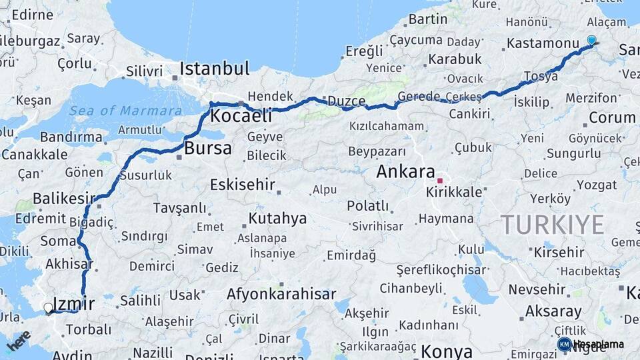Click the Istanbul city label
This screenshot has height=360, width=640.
pyautogui.click(x=215, y=68)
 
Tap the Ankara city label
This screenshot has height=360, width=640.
pyautogui.click(x=405, y=171)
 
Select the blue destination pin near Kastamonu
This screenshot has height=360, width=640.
pyautogui.click(x=591, y=40)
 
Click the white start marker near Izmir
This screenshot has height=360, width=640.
pyautogui.click(x=48, y=308)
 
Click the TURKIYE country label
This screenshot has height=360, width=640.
pyautogui.click(x=552, y=224)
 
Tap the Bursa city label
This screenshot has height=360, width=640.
pyautogui.click(x=208, y=148)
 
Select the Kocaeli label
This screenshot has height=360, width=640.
pyautogui.click(x=241, y=116)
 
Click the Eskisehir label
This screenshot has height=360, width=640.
pyautogui.click(x=242, y=185)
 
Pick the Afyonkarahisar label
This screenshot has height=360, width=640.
pyautogui.click(x=281, y=294)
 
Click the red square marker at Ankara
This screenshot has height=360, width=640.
pyautogui.click(x=439, y=180)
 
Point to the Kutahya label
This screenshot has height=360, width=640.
pyautogui.click(x=277, y=218)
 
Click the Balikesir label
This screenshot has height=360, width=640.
pyautogui.click(x=64, y=198)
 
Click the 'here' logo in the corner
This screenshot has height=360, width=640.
pyautogui.click(x=18, y=340)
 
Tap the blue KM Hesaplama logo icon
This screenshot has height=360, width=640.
pyautogui.click(x=564, y=344)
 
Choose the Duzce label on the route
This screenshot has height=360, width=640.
pyautogui.click(x=345, y=101)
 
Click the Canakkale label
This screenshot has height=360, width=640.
pyautogui.click(x=34, y=155)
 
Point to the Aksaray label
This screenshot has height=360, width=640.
pyautogui.click(x=553, y=311)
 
